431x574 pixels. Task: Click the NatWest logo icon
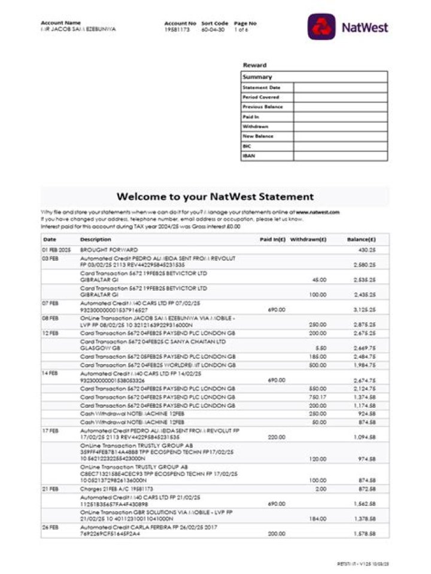coord(321,27)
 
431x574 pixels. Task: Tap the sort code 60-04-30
coord(213,29)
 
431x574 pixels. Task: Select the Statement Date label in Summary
coord(261,87)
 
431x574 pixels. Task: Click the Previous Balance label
coord(263,107)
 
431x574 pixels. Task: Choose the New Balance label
coord(258,136)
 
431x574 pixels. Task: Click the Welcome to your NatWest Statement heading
coord(215,196)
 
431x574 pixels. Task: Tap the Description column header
coord(95,239)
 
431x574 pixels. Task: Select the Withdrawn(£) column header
coord(308,239)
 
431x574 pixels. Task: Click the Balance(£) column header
coord(362,239)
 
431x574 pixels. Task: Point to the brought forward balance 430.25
coord(366,249)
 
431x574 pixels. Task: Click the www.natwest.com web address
coord(317,212)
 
